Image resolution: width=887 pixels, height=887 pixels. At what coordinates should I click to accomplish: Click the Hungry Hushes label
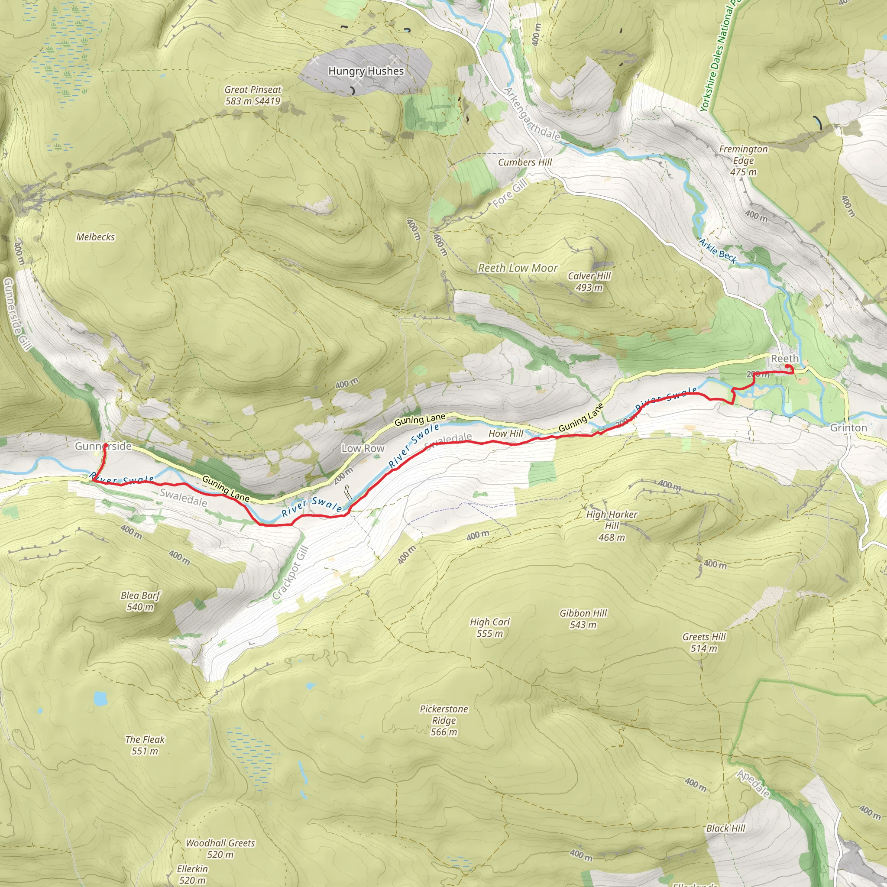coord(366,71)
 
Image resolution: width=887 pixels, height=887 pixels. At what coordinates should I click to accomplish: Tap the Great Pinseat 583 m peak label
coord(253,95)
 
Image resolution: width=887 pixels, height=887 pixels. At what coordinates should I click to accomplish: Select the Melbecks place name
coord(95,237)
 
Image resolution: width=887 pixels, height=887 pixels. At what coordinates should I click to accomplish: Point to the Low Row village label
coord(363,448)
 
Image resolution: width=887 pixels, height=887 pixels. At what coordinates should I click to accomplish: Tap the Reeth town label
coord(785,359)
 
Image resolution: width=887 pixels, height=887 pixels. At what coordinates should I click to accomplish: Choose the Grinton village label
coord(848,427)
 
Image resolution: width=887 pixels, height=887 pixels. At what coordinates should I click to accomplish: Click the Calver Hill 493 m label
coord(589,282)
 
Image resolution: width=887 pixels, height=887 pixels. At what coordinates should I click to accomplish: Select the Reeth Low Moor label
coord(518,268)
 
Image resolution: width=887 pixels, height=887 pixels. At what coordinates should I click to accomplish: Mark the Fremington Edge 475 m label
coord(743,160)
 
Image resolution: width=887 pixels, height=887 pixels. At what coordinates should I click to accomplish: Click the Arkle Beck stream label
coord(717,251)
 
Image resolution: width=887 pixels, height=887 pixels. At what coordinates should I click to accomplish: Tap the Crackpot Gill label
coord(290,573)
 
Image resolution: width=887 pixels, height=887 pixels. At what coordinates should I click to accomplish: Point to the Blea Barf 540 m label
coord(140,601)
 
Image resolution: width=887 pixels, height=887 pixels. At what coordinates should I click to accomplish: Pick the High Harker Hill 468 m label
coord(612,526)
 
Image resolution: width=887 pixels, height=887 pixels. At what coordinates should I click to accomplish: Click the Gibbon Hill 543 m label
coord(583,619)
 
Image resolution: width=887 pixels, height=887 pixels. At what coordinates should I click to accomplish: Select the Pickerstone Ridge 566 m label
coord(443,720)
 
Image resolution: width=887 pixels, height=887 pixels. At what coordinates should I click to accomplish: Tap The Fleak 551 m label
coord(145,745)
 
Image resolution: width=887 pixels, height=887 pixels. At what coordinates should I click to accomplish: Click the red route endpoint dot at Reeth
coord(787,366)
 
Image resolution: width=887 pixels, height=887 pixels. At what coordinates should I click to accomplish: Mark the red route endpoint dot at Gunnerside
coord(105,445)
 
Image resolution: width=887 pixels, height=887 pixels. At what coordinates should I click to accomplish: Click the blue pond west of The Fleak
coord(100,699)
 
